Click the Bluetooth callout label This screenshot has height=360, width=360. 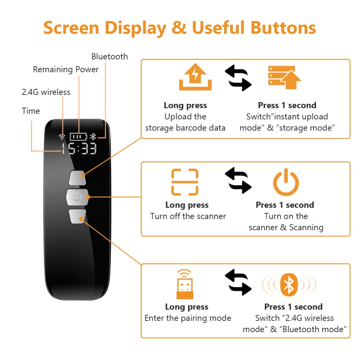click(x=109, y=57)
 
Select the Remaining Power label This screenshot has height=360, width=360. click(x=66, y=69)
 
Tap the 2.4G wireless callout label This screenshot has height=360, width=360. click(x=46, y=92)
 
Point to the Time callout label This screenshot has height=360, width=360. click(x=31, y=111)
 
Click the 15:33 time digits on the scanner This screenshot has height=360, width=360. click(x=79, y=148)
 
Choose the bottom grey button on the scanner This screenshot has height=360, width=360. click(x=78, y=216)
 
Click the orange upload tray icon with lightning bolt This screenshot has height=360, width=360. click(x=195, y=78)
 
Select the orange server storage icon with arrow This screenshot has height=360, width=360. click(x=283, y=78)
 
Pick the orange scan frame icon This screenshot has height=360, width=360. click(x=184, y=182)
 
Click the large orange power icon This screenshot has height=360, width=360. click(x=286, y=182)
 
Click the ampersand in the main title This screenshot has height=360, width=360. click(x=179, y=28)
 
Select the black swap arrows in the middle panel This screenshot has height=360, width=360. click(x=238, y=180)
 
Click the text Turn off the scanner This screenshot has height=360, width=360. click(x=188, y=216)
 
